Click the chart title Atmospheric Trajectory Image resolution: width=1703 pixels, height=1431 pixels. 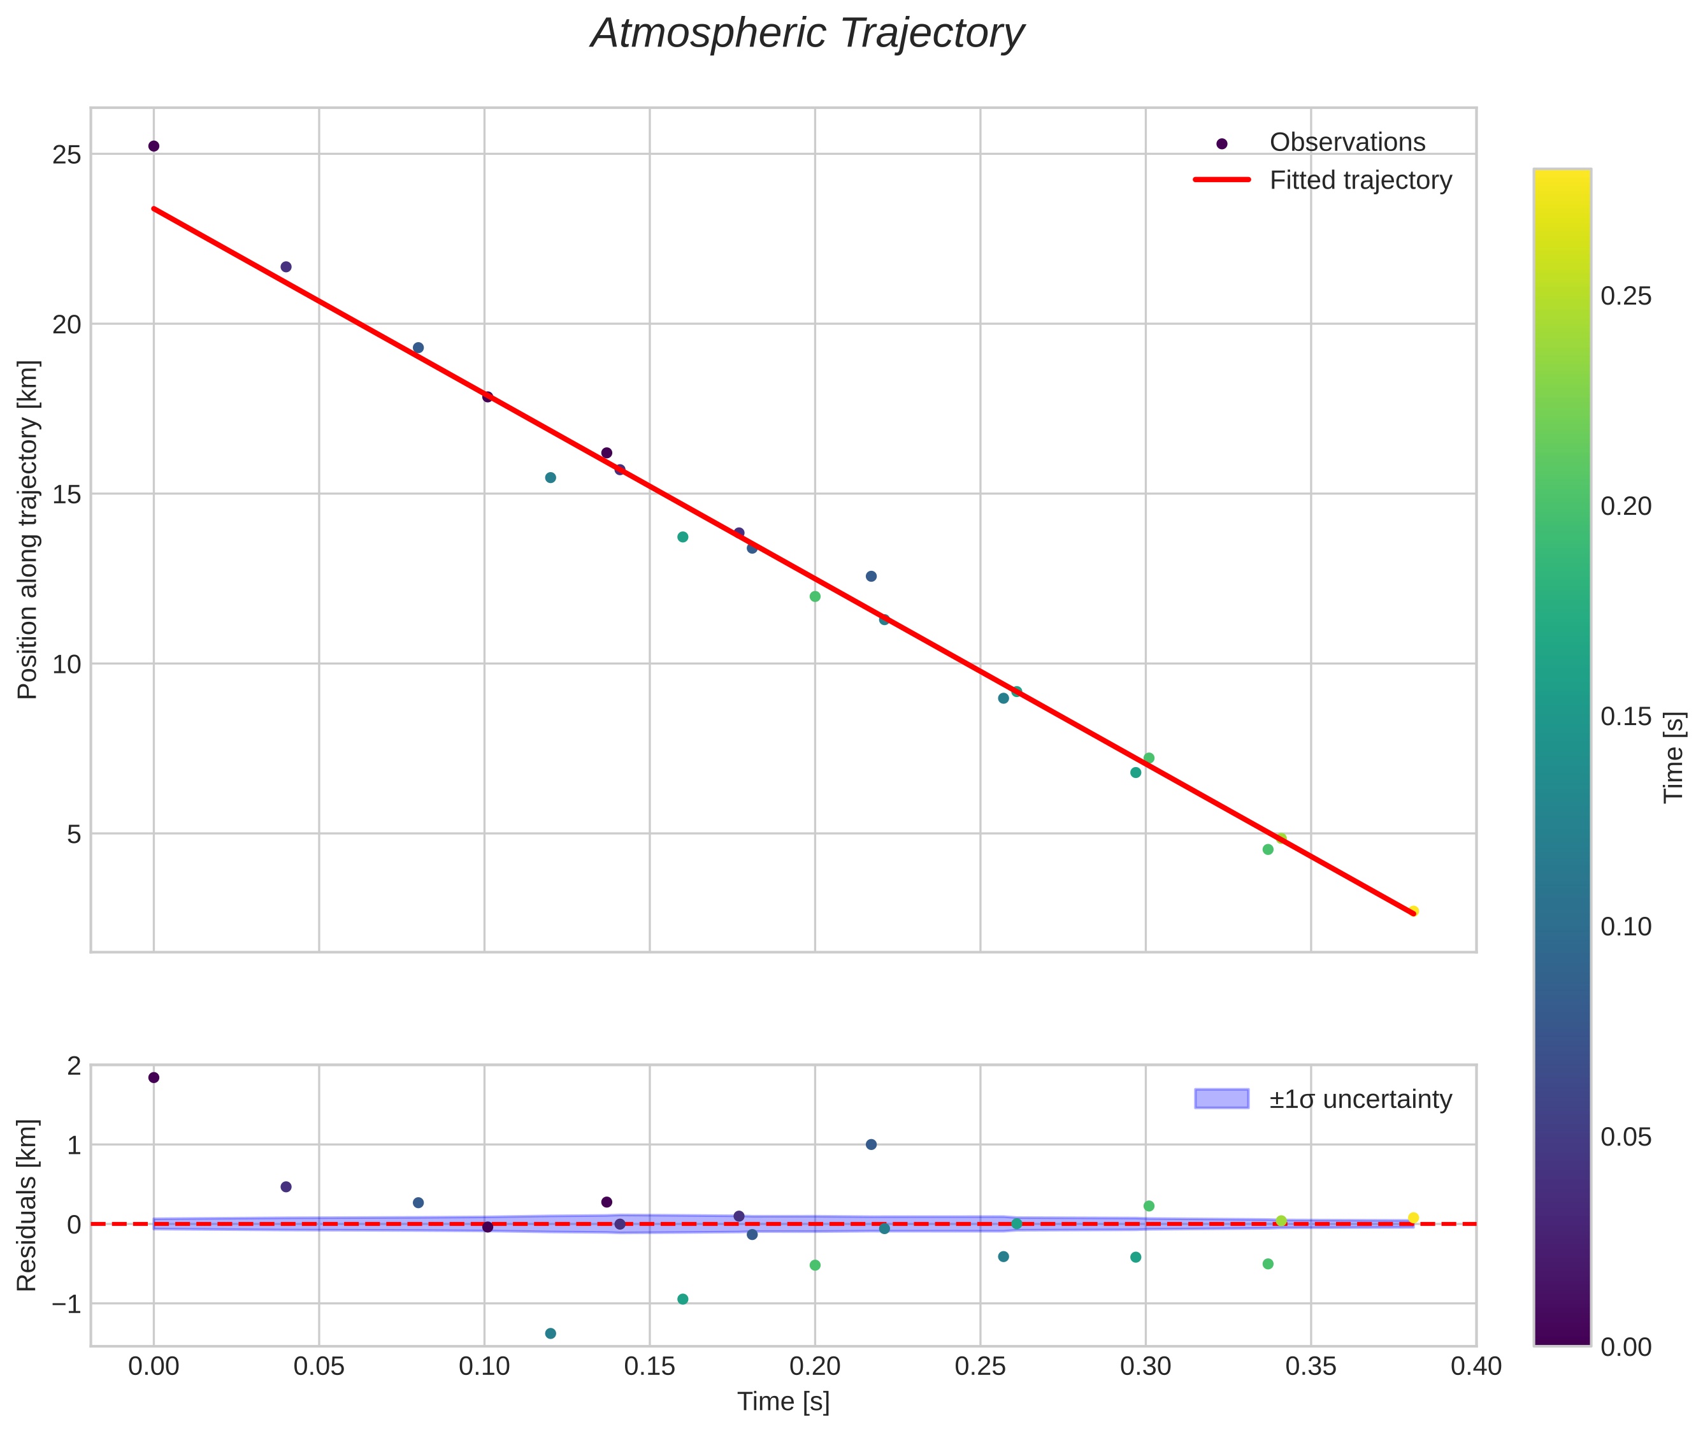tap(807, 34)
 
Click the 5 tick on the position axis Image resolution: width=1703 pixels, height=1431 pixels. tap(75, 834)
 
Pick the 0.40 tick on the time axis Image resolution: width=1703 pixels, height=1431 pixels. tap(1475, 1366)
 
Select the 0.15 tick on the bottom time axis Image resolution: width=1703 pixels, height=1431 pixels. tap(649, 1366)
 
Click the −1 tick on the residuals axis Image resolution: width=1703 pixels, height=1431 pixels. tap(66, 1304)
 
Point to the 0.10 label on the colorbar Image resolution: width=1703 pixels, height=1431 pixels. tap(1625, 926)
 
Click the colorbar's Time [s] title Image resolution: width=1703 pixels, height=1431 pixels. tap(1674, 757)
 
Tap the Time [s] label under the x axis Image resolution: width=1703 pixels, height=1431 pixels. tap(783, 1402)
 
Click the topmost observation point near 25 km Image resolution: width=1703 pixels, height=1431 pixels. tap(154, 146)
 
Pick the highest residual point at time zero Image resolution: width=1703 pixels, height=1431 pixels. tap(154, 1077)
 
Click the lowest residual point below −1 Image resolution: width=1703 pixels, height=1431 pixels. tap(550, 1334)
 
